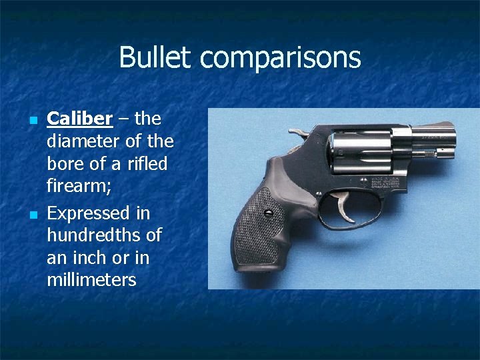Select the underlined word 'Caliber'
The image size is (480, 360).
pyautogui.click(x=79, y=119)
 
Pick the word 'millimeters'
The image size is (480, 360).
pyautogui.click(x=91, y=280)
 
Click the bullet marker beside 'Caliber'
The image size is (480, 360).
pyautogui.click(x=32, y=121)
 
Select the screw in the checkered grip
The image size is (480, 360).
pyautogui.click(x=269, y=213)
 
